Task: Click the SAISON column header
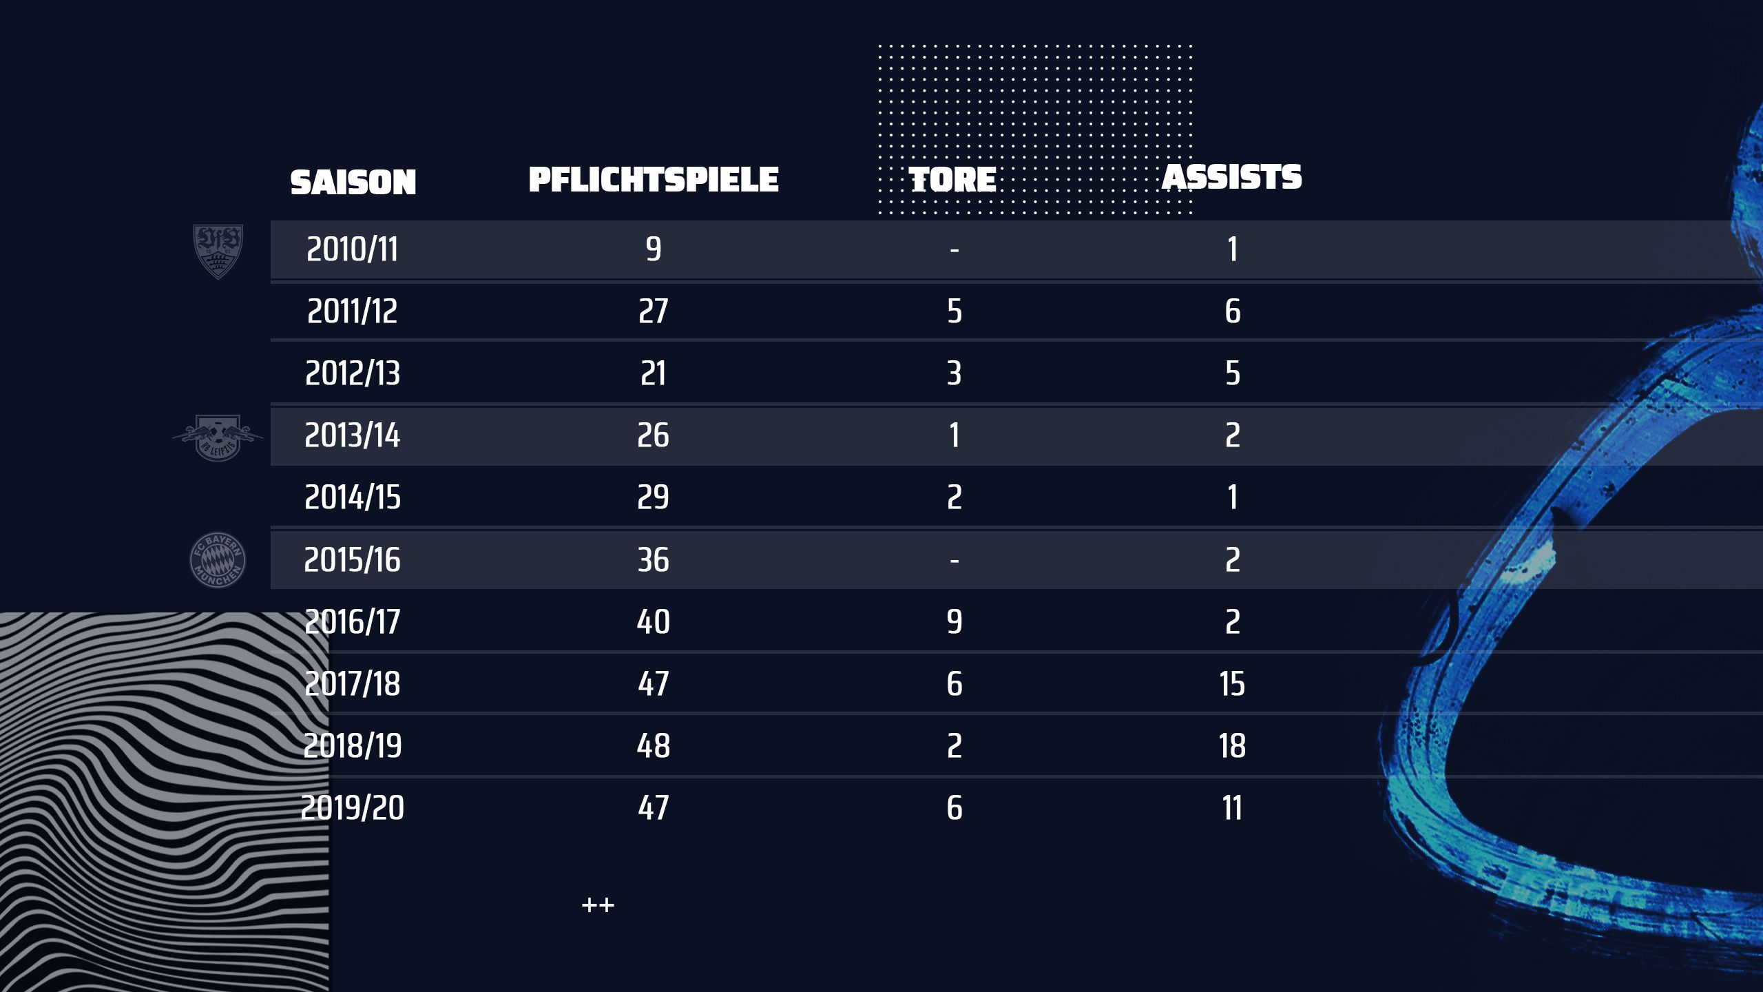pos(353,183)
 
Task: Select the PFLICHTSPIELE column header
pos(653,180)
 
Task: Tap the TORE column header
pos(954,180)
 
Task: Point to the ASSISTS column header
pos(1232,177)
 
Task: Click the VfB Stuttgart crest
pos(218,251)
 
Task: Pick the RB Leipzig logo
pos(218,437)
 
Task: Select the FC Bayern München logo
pos(218,560)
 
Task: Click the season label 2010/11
pos(352,249)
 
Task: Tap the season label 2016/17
pos(352,622)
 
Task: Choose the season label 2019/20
pos(352,808)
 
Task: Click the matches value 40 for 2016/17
pos(653,622)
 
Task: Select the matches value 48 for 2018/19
pos(653,746)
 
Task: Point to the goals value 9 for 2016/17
pos(954,622)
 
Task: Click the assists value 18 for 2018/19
pos(1232,746)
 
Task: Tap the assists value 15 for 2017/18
pos(1232,684)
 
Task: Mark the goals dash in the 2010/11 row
pos(954,250)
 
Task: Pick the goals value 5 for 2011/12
pos(954,311)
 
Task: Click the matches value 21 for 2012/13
pos(653,373)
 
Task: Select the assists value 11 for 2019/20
pos(1232,808)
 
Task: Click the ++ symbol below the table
pos(598,905)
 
